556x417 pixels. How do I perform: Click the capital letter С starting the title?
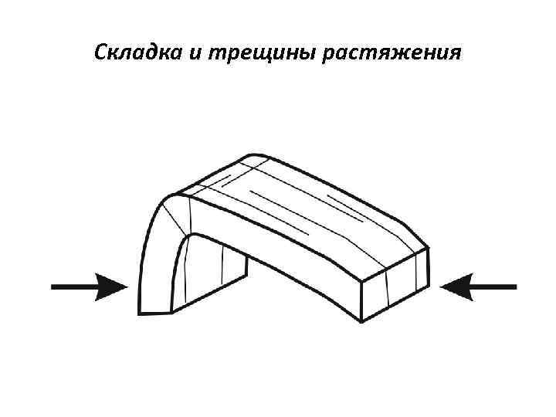(x=100, y=53)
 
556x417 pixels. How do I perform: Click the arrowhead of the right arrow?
(x=456, y=286)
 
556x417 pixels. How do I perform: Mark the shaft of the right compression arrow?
(x=494, y=286)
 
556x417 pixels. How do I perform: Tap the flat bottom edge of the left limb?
(x=154, y=313)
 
